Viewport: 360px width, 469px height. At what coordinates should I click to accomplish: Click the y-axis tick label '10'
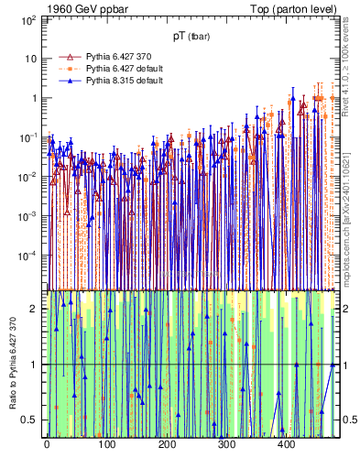(29, 59)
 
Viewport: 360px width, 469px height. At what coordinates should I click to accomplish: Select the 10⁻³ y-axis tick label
(27, 216)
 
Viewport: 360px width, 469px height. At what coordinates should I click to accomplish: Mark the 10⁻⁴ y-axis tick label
(27, 256)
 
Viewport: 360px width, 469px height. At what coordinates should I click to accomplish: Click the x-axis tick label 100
(106, 446)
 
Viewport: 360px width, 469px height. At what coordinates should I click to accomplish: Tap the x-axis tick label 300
(226, 446)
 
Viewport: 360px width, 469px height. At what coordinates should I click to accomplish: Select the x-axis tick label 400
(286, 446)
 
